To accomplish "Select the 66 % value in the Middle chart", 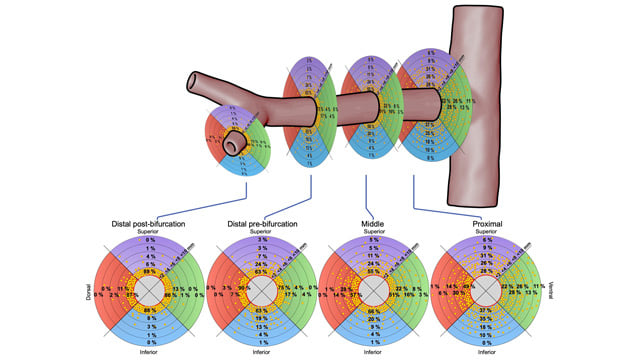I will tap(372, 312).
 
